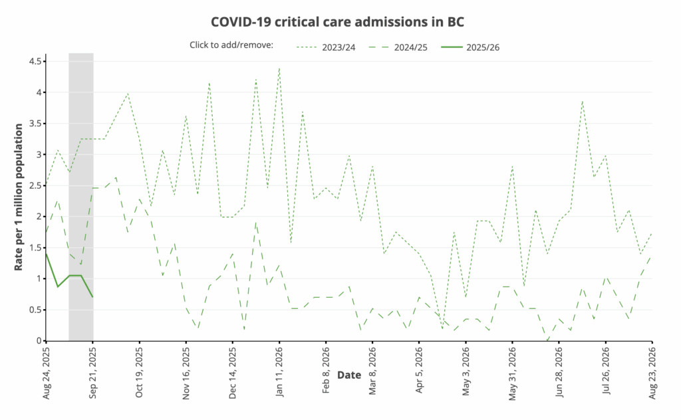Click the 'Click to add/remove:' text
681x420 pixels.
231,46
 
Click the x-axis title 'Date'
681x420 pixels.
348,375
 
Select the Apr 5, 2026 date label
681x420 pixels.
419,369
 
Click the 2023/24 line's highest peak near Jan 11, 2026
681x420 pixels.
279,68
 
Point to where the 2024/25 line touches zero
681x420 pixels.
547,340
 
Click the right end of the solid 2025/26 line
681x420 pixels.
92,296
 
